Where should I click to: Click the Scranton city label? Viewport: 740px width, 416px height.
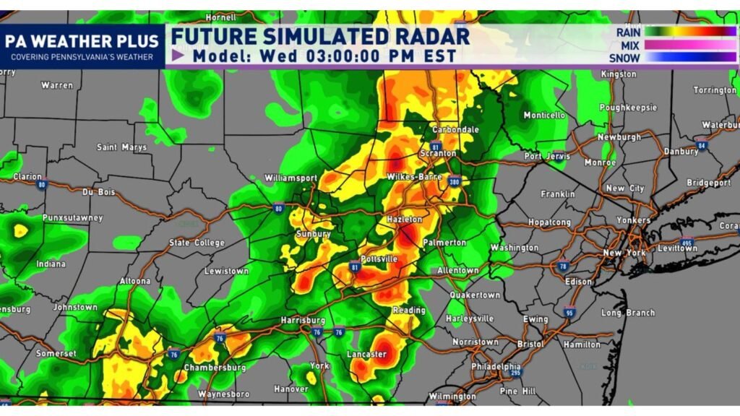click(x=437, y=153)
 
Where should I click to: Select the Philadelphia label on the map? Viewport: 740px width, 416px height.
click(x=495, y=366)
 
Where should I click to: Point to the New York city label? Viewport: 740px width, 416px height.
click(x=624, y=253)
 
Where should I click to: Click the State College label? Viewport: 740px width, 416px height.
click(x=196, y=243)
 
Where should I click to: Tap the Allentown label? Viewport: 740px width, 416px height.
click(x=457, y=270)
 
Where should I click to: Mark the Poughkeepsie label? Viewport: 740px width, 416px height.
click(x=629, y=107)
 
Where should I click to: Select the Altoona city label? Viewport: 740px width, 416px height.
click(x=135, y=281)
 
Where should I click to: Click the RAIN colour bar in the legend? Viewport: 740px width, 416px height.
click(x=689, y=32)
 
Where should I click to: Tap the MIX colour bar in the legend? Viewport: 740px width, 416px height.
click(x=689, y=45)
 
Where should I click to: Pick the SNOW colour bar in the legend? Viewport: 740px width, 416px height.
click(x=689, y=58)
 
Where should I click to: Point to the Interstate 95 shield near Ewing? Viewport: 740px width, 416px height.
click(x=569, y=312)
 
